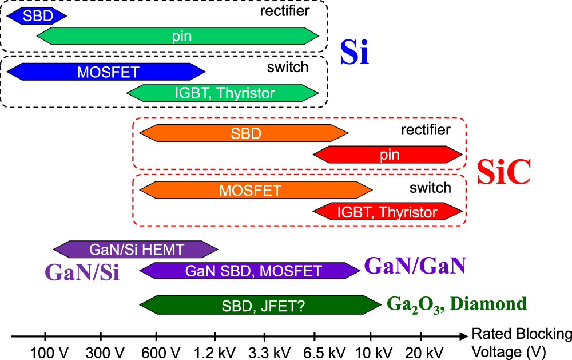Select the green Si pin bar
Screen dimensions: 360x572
coord(178,37)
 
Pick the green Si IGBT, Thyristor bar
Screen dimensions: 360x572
coord(223,92)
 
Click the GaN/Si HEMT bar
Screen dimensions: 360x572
coord(136,249)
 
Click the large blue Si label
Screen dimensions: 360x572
coord(355,53)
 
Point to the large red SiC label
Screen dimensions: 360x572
coord(504,172)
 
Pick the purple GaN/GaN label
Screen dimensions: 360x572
coord(415,266)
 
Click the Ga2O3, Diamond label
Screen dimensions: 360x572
coord(456,303)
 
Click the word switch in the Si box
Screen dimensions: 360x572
coord(288,67)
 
